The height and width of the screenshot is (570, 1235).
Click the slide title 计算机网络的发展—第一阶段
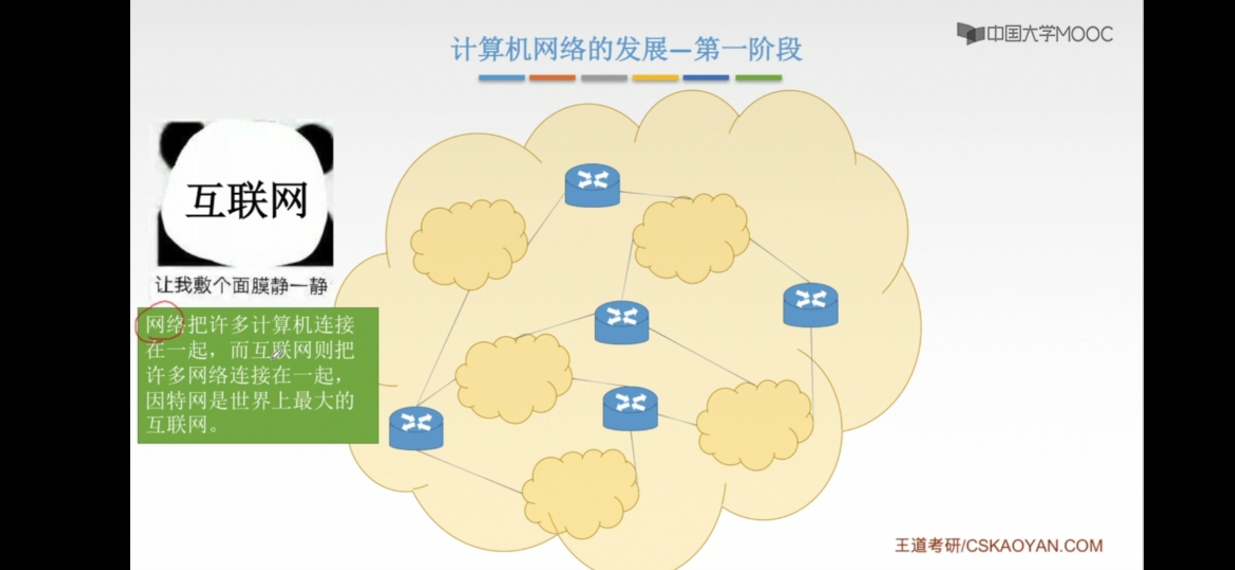pos(626,50)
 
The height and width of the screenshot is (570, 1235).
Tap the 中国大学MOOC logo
pos(1035,34)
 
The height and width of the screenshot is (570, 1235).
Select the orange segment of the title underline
pos(552,78)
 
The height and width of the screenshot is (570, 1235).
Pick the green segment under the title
pos(758,78)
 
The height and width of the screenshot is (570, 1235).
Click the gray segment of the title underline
pos(604,78)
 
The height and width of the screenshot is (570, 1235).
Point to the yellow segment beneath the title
pos(655,78)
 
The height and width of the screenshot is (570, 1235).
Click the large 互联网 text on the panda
pos(246,201)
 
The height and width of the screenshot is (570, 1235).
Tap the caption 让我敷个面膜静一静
pos(241,286)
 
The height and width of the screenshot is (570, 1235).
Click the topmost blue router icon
pos(592,185)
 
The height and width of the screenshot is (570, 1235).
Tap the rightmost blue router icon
pos(810,305)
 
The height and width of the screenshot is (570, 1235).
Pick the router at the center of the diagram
pos(621,322)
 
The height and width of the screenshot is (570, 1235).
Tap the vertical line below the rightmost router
pos(812,369)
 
